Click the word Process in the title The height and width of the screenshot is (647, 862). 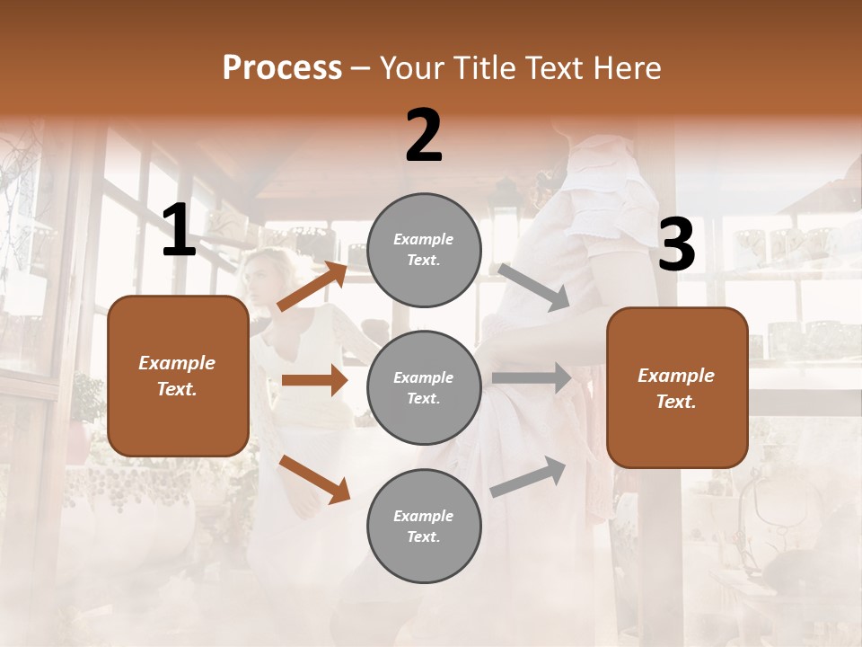pos(282,68)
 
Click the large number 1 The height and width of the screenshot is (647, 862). pos(179,231)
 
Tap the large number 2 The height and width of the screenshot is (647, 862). pos(424,136)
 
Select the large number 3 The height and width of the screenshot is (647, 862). pos(676,244)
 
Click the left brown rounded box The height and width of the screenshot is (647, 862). pos(178,376)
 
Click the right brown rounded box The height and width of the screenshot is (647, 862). pos(677,387)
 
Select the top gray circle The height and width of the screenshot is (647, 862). pos(424,249)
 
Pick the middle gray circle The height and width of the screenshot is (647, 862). pos(424,387)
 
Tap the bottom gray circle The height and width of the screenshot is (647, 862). pos(424,526)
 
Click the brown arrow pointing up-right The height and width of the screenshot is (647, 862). pos(312,287)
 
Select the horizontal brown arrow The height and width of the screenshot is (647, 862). pos(314,380)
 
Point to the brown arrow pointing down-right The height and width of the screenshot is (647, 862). pos(314,479)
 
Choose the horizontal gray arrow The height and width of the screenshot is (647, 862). pos(532,377)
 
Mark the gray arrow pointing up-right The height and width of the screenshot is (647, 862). pos(529,477)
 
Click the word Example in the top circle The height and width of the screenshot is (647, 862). pos(424,239)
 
